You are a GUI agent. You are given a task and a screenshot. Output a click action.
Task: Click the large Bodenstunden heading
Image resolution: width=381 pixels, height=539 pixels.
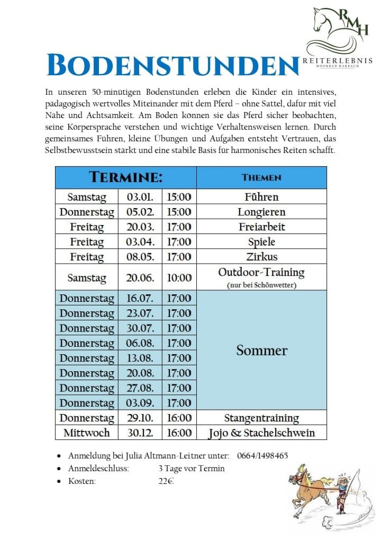[173, 66]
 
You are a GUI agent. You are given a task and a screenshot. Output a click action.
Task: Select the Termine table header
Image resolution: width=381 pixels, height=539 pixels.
[125, 177]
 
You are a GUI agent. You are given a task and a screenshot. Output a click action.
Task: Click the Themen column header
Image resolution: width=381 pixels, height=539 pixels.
[261, 177]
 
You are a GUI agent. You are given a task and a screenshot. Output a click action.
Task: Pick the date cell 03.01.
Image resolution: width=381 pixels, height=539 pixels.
[140, 197]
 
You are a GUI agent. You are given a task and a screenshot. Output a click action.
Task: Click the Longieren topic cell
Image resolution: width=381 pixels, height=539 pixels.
[261, 212]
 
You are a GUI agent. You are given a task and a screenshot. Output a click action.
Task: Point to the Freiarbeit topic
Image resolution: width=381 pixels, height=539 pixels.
[261, 227]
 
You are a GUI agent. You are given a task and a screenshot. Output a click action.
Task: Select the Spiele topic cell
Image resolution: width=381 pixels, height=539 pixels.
[261, 242]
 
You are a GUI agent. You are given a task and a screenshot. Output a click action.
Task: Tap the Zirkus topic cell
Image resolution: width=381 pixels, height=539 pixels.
[261, 257]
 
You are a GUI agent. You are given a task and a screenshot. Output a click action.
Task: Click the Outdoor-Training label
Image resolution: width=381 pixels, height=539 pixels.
[261, 273]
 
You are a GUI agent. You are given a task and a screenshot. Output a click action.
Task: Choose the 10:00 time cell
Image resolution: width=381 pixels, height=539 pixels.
[179, 277]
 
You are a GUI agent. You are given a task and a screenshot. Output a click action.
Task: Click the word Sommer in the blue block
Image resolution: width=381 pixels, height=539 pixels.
[261, 351]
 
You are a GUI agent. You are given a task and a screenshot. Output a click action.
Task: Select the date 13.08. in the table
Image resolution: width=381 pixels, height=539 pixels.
[140, 358]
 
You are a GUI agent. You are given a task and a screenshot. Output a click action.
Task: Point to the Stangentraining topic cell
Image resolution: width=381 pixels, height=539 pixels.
[261, 418]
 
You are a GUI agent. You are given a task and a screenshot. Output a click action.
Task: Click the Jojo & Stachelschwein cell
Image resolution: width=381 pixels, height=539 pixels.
[261, 433]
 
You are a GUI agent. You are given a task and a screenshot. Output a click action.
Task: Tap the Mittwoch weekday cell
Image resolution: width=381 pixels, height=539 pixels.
[87, 433]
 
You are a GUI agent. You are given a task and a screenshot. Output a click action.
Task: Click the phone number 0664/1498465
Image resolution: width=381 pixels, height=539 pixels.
[262, 456]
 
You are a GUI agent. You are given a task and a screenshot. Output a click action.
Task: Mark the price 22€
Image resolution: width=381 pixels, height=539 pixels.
[166, 481]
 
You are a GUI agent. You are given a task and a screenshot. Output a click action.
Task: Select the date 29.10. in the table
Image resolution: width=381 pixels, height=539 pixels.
[140, 418]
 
